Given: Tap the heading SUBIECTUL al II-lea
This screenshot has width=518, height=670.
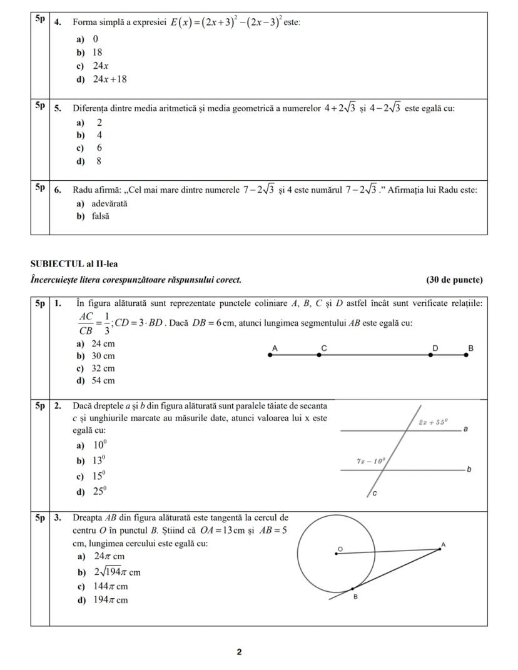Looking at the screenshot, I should click(74, 264).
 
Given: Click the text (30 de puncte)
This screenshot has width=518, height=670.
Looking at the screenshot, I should click(454, 280).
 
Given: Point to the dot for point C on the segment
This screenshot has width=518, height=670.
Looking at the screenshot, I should click(319, 355).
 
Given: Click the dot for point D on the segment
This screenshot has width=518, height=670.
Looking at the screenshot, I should click(430, 355).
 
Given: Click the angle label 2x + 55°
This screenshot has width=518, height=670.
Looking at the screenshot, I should click(434, 422).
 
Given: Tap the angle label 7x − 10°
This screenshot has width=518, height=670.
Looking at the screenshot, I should click(372, 461).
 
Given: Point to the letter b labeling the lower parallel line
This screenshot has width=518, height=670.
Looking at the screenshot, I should click(469, 469).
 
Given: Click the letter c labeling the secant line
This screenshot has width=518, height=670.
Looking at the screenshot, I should click(374, 494).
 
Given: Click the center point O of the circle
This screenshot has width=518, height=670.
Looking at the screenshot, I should click(337, 554).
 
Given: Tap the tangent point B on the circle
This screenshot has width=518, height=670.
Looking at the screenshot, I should click(352, 588).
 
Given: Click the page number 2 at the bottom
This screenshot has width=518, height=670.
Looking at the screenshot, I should click(239, 652).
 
